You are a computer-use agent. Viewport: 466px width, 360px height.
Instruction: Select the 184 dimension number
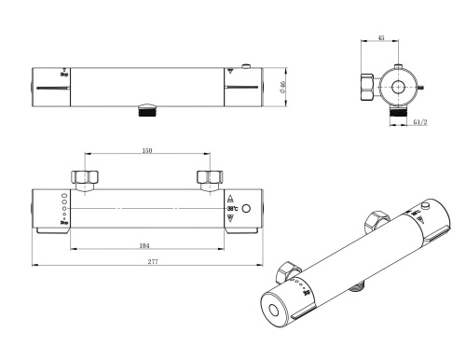coord(144,244)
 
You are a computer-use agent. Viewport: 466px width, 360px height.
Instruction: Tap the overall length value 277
coord(152,262)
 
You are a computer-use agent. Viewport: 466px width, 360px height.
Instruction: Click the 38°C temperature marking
coord(232,208)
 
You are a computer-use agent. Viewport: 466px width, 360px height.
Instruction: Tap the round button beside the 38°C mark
coord(247,208)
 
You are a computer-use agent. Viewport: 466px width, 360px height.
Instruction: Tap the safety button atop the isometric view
coord(425,205)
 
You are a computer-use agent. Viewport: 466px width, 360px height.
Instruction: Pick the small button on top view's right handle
coord(243,66)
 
